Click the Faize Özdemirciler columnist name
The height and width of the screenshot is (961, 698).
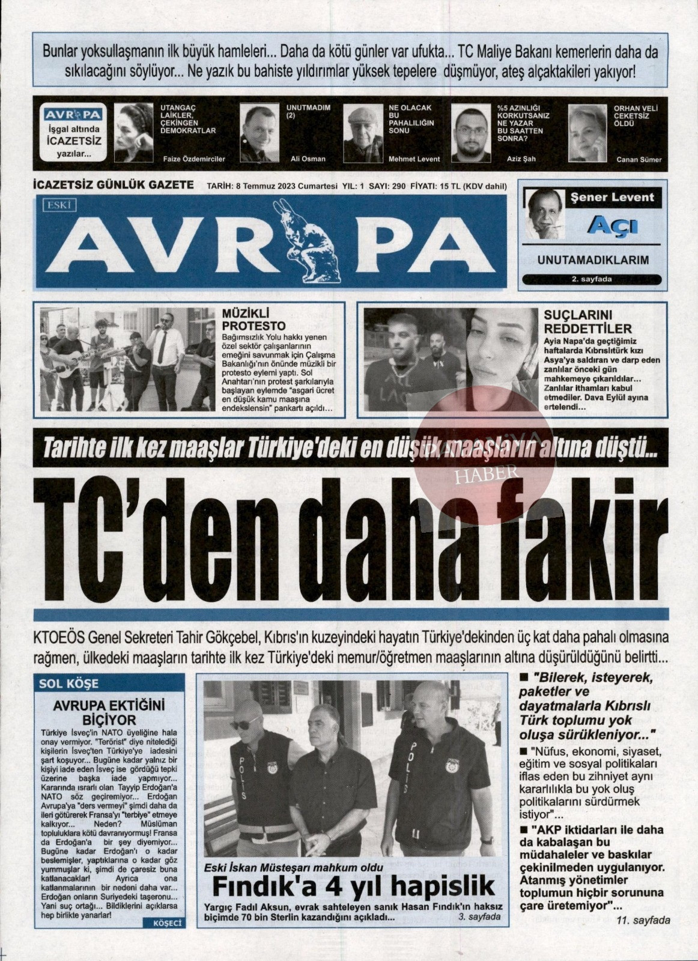pyautogui.click(x=194, y=159)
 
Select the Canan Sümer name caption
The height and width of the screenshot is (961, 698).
pyautogui.click(x=639, y=159)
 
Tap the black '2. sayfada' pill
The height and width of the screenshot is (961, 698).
pyautogui.click(x=592, y=279)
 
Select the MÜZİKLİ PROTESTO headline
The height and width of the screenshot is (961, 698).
pyautogui.click(x=246, y=319)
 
